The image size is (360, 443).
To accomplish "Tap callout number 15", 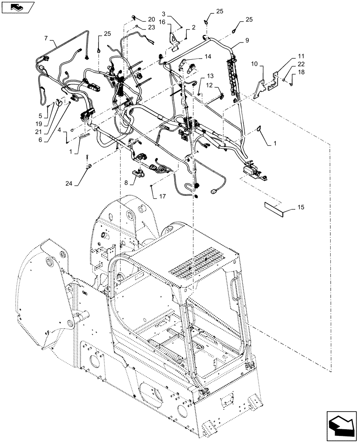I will (x=301, y=207).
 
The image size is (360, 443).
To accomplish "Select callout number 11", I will (x=301, y=56).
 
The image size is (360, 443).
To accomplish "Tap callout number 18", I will (x=301, y=72).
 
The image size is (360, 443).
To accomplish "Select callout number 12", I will (x=209, y=85).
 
